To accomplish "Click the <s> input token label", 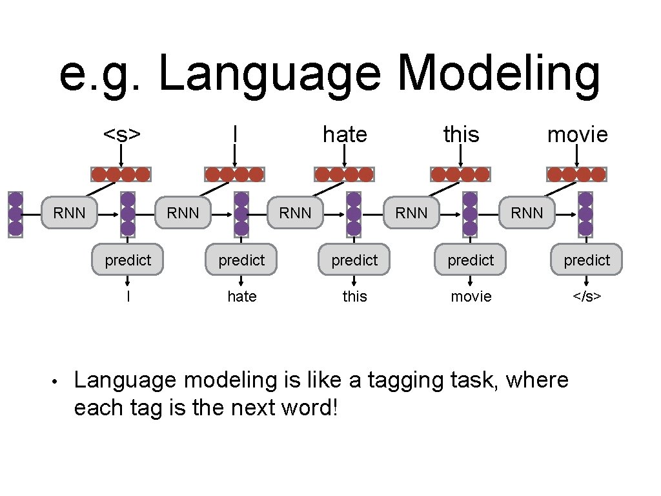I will pyautogui.click(x=123, y=134).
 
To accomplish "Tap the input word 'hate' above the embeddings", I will pyautogui.click(x=345, y=134).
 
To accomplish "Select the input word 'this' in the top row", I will pyautogui.click(x=461, y=134).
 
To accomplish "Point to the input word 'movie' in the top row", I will pyautogui.click(x=577, y=134).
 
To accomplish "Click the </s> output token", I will pyautogui.click(x=587, y=296).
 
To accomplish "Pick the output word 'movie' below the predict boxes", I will pyautogui.click(x=471, y=296).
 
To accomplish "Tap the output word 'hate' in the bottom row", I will pyautogui.click(x=241, y=296).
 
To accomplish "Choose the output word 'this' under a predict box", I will pyautogui.click(x=354, y=296).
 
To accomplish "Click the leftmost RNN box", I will pyautogui.click(x=69, y=213).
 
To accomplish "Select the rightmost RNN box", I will pyautogui.click(x=527, y=213).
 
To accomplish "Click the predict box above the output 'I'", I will pyautogui.click(x=128, y=260).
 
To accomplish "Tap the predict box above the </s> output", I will pyautogui.click(x=587, y=260).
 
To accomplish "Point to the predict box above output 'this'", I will pyautogui.click(x=354, y=260).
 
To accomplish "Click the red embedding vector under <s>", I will pyautogui.click(x=121, y=174).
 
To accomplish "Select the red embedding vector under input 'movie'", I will pyautogui.click(x=576, y=174).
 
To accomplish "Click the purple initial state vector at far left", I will pyautogui.click(x=15, y=214).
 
